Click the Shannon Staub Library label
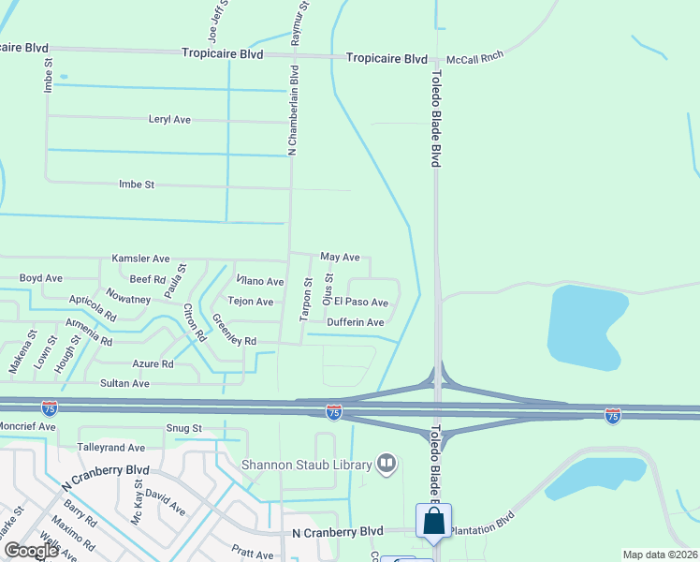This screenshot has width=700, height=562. click(307, 463)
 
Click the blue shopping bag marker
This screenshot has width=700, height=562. click(434, 522)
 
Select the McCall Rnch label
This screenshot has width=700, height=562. click(474, 56)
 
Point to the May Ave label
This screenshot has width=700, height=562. click(340, 257)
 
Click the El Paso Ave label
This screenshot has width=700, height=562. click(361, 303)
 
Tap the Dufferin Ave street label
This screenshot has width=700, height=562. click(356, 322)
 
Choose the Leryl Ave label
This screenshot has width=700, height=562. click(169, 120)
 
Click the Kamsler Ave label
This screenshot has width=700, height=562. click(140, 258)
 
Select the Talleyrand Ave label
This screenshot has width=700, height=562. click(111, 448)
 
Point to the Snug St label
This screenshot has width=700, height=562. click(184, 428)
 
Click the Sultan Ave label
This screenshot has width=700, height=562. click(124, 383)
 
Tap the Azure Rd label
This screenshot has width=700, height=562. click(153, 363)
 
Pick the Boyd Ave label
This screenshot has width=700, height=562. click(41, 278)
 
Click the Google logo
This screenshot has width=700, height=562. click(32, 551)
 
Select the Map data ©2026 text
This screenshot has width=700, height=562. click(660, 555)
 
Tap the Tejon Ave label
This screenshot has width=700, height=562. click(251, 302)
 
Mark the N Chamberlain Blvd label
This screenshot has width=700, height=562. click(294, 110)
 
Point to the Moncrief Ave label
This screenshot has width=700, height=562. click(28, 426)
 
